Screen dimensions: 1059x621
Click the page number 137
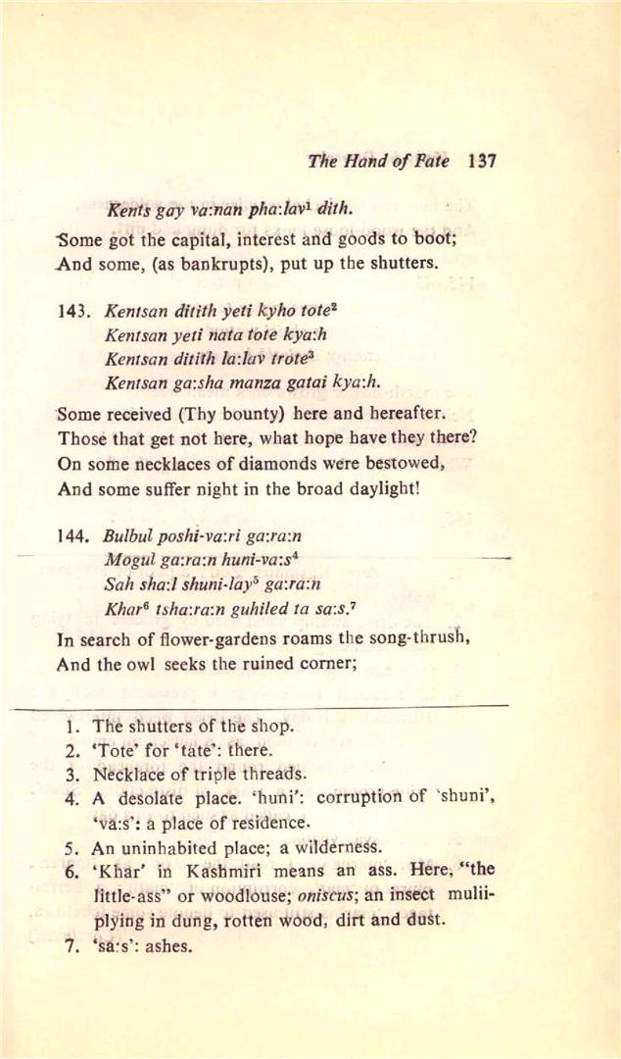[482, 162]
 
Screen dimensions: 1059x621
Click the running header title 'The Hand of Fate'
[378, 162]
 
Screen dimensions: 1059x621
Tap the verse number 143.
[74, 311]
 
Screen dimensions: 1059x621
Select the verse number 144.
[74, 536]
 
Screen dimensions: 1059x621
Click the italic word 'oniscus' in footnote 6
[332, 898]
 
